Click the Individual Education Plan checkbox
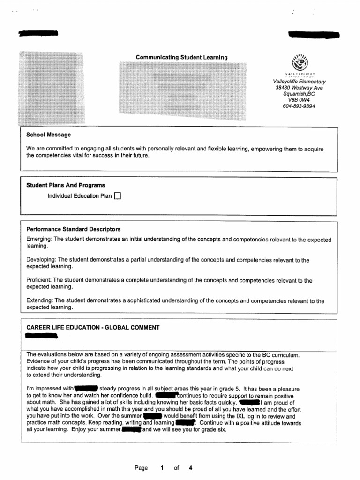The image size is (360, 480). click(118, 196)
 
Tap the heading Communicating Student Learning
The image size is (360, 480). click(181, 57)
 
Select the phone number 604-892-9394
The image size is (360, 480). click(299, 106)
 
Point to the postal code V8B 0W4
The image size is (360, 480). click(299, 100)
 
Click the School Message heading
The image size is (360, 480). click(49, 135)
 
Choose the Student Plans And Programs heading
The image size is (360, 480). click(66, 185)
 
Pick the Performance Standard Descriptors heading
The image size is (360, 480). click(74, 229)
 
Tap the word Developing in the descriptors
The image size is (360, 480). click(41, 260)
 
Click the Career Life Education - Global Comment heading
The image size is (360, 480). click(93, 328)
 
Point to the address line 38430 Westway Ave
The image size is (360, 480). click(299, 88)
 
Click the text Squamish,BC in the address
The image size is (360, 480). click(299, 94)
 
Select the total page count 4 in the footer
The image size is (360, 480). click(190, 468)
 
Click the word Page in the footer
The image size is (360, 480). click(141, 468)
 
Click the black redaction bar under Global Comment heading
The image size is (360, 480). click(41, 336)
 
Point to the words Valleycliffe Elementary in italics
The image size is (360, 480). click(299, 82)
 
